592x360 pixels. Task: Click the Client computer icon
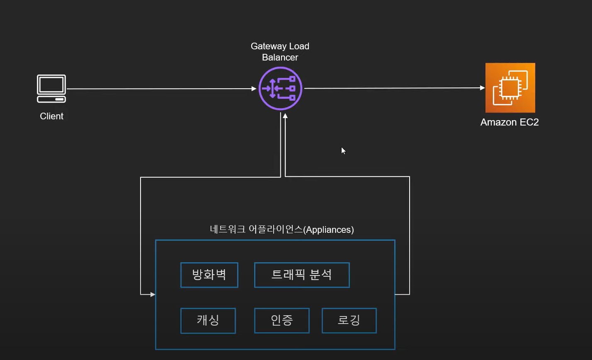51,88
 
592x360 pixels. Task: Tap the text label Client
51,116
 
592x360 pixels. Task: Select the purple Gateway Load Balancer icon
280,88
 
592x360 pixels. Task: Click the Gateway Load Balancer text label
280,52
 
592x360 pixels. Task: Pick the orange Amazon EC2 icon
510,88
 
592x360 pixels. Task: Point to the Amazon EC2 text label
510,122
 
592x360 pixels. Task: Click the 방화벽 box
209,275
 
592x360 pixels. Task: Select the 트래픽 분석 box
302,275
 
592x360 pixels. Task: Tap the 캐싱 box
208,320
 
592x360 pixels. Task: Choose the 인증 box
282,320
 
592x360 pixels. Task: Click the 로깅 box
349,320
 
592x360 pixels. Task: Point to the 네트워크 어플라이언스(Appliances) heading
281,230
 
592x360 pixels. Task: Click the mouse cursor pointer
343,150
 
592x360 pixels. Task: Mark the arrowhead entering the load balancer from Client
254,89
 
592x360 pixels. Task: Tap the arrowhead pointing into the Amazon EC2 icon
483,88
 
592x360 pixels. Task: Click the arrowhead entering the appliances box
153,295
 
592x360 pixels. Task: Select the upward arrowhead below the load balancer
285,116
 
